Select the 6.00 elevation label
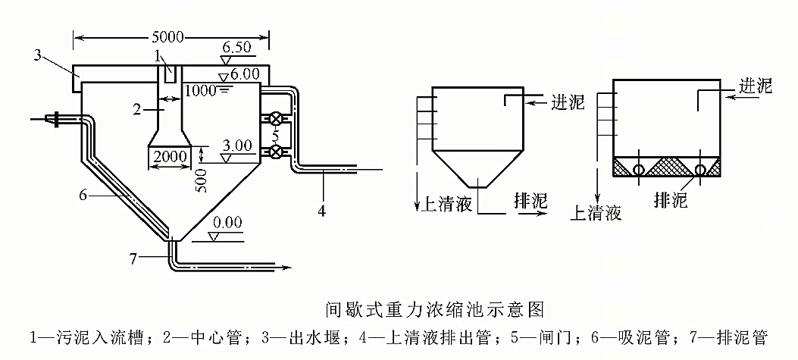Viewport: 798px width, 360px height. point(242,74)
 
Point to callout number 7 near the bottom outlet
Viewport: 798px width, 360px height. point(133,258)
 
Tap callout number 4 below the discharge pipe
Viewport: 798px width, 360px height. point(322,211)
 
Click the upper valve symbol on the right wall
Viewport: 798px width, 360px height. point(276,119)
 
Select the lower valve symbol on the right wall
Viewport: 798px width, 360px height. point(276,152)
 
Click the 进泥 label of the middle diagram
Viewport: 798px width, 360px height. point(568,102)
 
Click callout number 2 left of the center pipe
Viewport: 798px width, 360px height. point(137,109)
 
